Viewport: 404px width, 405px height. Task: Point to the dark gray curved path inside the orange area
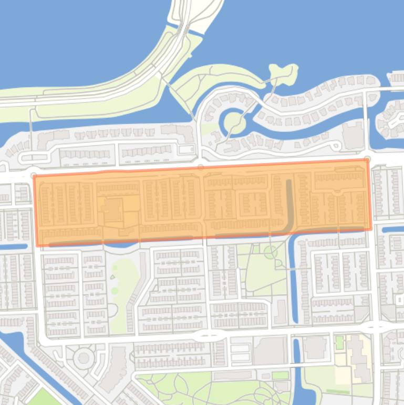tap(288, 205)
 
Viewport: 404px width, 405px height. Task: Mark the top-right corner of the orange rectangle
tap(369, 160)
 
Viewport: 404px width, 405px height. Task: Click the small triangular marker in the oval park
tap(113, 277)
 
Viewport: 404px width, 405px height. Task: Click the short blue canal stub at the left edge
tap(13, 246)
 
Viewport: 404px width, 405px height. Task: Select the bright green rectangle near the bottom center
tap(280, 375)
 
